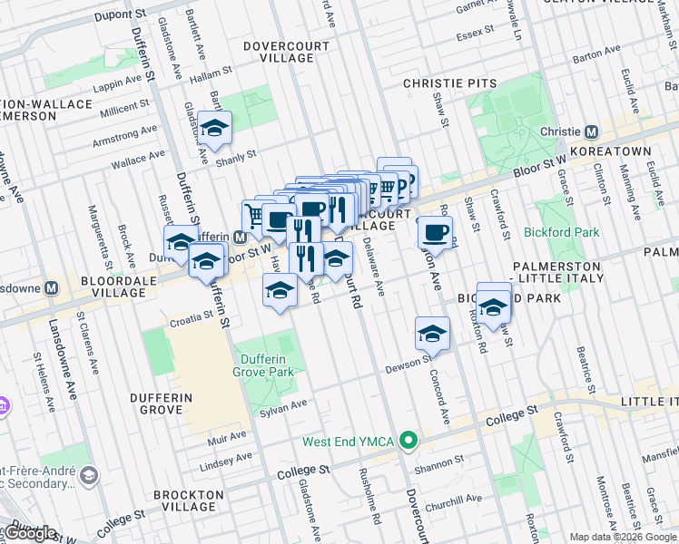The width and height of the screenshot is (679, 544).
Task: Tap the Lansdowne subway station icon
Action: pos(52,287)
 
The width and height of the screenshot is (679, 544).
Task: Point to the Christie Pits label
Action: pos(450,83)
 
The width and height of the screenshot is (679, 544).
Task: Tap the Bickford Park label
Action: pos(561,232)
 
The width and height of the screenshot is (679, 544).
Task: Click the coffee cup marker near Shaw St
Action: pos(436,231)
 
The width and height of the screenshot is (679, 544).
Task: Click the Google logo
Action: pos(30,533)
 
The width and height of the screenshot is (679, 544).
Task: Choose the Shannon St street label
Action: pos(438,464)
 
